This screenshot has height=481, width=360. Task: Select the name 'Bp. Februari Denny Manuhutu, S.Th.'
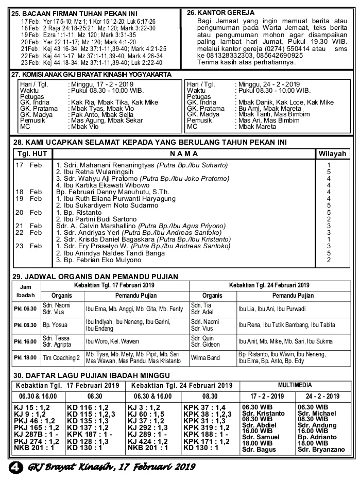106,192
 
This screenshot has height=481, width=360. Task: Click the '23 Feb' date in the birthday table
29,246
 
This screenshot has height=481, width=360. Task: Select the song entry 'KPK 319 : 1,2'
207,427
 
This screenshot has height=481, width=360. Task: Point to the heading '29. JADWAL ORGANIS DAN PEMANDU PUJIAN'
95,277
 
